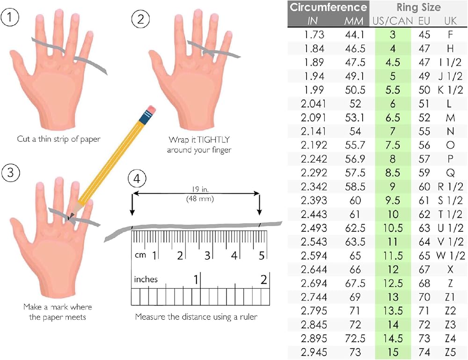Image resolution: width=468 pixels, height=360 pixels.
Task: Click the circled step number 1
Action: pyautogui.click(x=10, y=17)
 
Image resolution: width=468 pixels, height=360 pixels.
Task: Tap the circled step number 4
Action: pyautogui.click(x=137, y=179)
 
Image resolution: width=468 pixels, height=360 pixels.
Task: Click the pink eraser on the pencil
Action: pyautogui.click(x=151, y=109)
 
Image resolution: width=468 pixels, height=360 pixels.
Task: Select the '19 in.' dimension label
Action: pyautogui.click(x=200, y=189)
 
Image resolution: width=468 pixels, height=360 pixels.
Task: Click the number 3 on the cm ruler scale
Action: pyautogui.click(x=206, y=256)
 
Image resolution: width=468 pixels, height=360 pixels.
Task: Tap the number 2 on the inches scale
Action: pyautogui.click(x=263, y=279)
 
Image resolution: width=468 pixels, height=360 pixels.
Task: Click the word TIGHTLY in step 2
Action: pyautogui.click(x=213, y=140)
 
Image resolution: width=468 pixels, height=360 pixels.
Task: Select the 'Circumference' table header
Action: pyautogui.click(x=329, y=7)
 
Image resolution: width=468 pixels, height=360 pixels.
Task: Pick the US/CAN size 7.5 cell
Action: pyautogui.click(x=393, y=145)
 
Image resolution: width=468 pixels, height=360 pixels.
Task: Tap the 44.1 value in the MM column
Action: pyautogui.click(x=355, y=35)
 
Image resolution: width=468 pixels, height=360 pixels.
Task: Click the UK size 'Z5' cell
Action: pyautogui.click(x=450, y=352)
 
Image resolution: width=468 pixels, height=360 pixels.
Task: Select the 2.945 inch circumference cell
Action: pyautogui.click(x=314, y=352)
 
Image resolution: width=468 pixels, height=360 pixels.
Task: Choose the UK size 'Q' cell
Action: pyautogui.click(x=450, y=173)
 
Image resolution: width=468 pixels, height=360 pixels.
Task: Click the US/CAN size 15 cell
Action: pyautogui.click(x=393, y=352)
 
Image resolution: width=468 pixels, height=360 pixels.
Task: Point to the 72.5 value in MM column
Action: pyautogui.click(x=355, y=338)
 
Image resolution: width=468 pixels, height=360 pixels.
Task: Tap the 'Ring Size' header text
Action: pyautogui.click(x=418, y=7)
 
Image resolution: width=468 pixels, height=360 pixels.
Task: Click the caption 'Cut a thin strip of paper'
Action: pyautogui.click(x=58, y=139)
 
